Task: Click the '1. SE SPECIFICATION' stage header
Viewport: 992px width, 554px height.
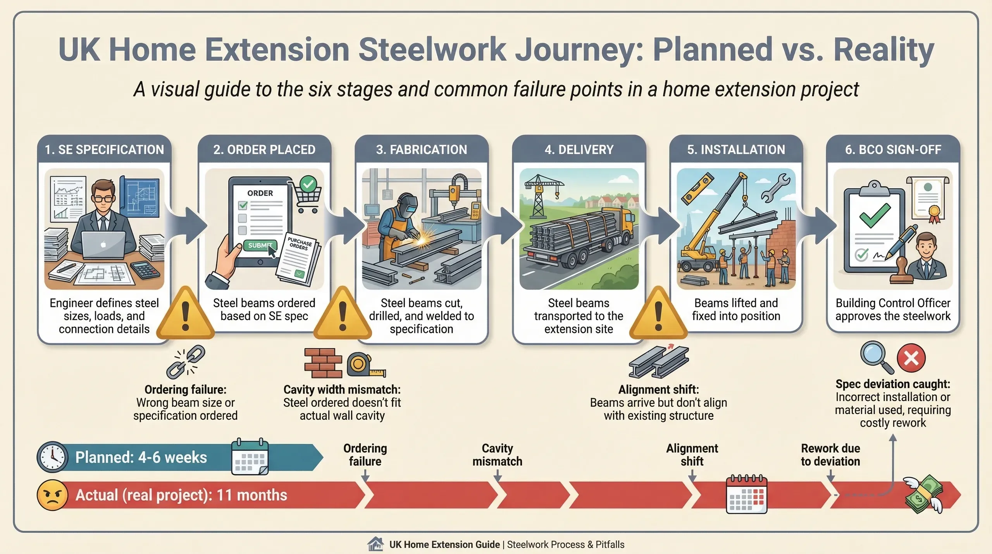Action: [104, 150]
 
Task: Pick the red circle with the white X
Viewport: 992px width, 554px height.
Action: [911, 357]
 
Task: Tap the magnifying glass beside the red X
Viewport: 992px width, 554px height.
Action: [875, 356]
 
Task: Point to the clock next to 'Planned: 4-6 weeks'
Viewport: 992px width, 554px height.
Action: [52, 457]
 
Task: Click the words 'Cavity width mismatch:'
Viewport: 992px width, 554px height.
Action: [342, 389]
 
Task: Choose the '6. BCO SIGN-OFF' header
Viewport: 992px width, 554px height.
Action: [893, 150]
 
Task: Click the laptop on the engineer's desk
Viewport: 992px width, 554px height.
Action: [103, 245]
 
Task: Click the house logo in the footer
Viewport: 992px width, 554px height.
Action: [375, 544]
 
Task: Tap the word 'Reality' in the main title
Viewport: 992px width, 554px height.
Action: [884, 50]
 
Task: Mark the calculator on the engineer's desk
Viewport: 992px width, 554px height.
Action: [146, 269]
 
